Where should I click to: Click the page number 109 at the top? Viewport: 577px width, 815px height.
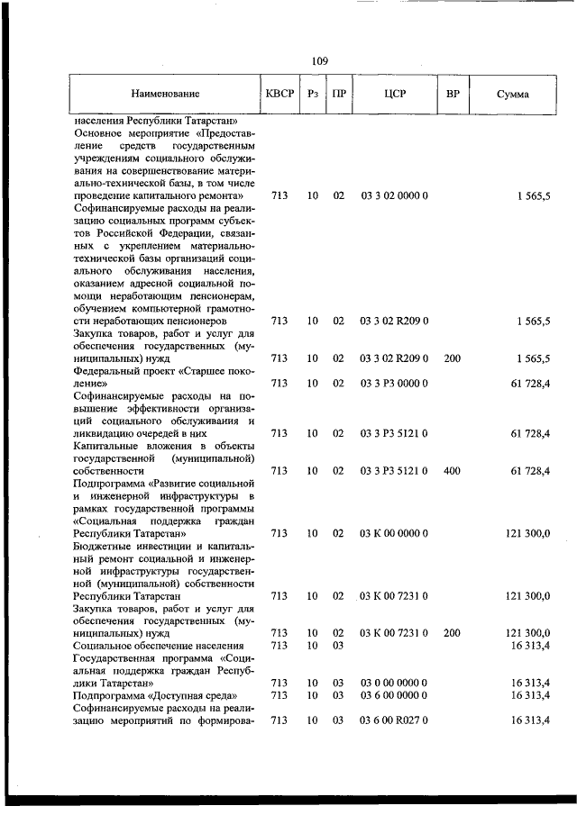[x=319, y=61]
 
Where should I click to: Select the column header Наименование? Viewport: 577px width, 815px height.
[x=164, y=94]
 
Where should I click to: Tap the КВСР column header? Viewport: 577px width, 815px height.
[x=279, y=94]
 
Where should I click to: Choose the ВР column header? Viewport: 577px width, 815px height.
[x=453, y=94]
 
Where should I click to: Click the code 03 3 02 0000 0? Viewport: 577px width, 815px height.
[x=394, y=195]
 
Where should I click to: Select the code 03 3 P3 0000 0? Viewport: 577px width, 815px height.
[x=394, y=384]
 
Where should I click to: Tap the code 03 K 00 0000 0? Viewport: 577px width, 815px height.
[x=394, y=533]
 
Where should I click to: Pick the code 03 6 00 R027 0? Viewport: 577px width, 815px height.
[x=394, y=720]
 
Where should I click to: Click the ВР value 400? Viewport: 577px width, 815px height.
[x=452, y=470]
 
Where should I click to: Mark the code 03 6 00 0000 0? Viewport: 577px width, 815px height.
[x=394, y=696]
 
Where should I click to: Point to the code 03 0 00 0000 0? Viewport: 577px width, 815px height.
[x=394, y=684]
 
